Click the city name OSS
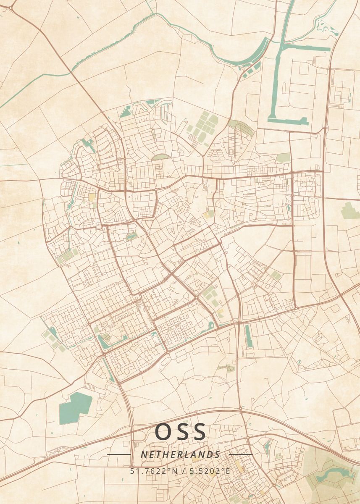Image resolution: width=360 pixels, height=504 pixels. (181, 432)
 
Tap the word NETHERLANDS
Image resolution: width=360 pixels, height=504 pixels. (180, 454)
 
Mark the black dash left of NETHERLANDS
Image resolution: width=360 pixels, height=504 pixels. (119, 454)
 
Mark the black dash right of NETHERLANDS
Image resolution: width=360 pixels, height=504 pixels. (241, 454)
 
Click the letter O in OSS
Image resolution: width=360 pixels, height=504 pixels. (163, 432)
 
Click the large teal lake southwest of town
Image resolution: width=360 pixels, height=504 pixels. (75, 407)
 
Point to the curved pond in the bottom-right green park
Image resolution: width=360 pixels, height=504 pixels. (332, 474)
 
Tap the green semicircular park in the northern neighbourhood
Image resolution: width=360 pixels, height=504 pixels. (161, 157)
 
